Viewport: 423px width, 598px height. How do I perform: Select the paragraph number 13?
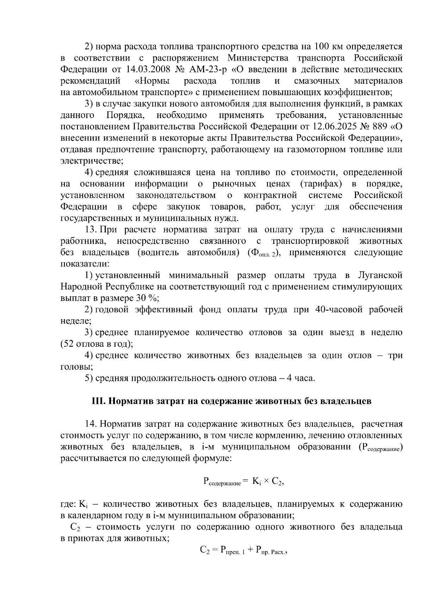pos(91,230)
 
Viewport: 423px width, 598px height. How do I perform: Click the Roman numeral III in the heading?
pos(96,401)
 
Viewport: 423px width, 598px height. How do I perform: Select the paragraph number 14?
pos(91,424)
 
